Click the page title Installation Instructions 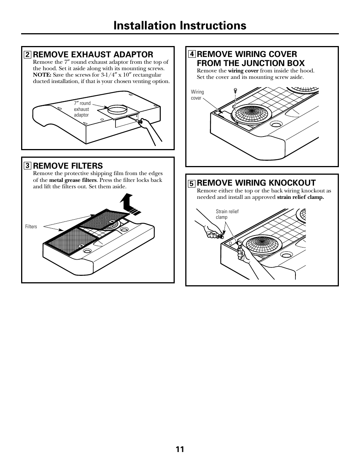180,25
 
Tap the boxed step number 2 27,55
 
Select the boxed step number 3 27,166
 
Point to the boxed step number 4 191,54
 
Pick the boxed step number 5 191,184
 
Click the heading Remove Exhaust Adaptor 93,54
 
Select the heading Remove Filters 68,166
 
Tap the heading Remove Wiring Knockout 256,183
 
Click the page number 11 180,449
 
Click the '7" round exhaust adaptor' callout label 82,109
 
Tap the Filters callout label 31,227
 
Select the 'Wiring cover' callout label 197,95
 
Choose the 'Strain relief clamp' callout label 227,214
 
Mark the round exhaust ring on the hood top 117,110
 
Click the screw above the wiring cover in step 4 235,90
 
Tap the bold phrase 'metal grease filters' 73,180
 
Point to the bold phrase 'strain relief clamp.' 300,197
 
